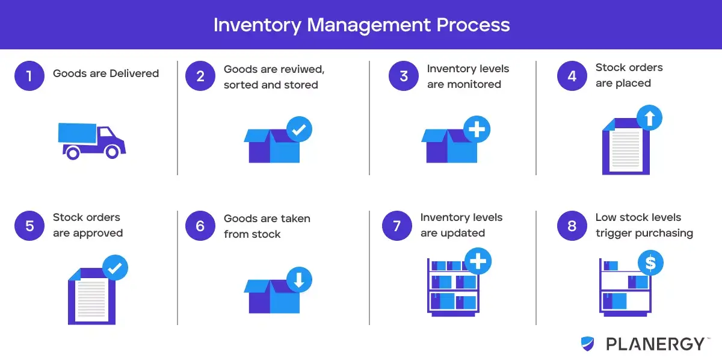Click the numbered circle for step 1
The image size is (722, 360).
coord(29,76)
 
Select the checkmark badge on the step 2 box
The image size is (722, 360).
coord(299,129)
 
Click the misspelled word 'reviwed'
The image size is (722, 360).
coord(304,69)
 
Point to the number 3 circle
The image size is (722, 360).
coord(404,76)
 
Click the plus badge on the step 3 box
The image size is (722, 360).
coord(477,129)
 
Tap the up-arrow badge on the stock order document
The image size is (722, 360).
coord(649,118)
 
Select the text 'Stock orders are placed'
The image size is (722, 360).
coord(629,75)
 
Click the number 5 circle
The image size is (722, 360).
coord(29,226)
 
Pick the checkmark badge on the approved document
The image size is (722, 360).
coord(115,267)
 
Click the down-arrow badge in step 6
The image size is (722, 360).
coord(299,279)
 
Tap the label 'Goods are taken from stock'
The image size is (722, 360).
coord(267,226)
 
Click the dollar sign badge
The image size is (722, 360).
coord(650,262)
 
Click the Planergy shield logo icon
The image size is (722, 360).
coord(588,344)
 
